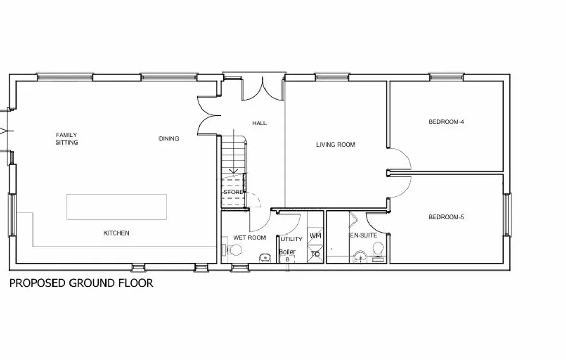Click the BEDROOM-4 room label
[x=446, y=122]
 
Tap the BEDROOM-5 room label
[x=446, y=217]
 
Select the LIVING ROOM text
[x=335, y=145]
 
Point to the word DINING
[x=169, y=138]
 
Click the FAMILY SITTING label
[x=66, y=138]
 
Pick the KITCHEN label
[x=116, y=233]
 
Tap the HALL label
[x=259, y=123]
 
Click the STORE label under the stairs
[x=233, y=192]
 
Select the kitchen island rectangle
[x=117, y=207]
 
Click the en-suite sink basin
[x=360, y=256]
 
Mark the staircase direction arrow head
[x=234, y=171]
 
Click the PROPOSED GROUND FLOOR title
[x=81, y=283]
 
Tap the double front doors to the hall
[x=262, y=88]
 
